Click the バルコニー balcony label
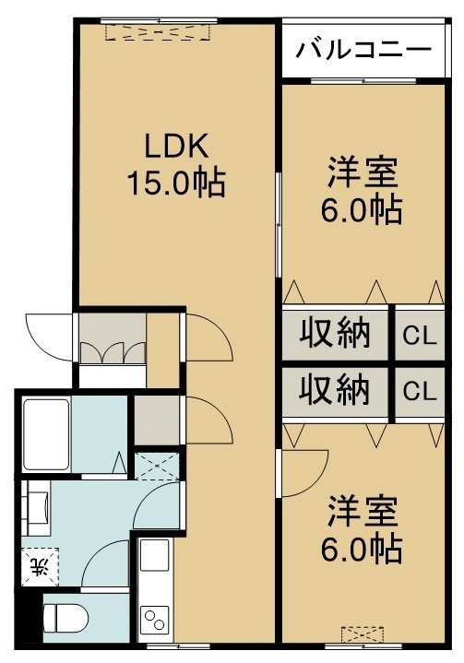363,50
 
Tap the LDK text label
176,146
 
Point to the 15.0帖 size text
176,184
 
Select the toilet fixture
66,618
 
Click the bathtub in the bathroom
46,434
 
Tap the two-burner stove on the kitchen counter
154,620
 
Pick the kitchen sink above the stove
154,555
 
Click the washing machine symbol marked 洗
41,566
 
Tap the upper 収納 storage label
335,334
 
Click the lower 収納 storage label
335,390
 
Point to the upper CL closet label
420,337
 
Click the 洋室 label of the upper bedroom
363,172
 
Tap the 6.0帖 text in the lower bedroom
362,549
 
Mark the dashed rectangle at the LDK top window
158,32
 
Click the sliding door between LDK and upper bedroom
278,225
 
